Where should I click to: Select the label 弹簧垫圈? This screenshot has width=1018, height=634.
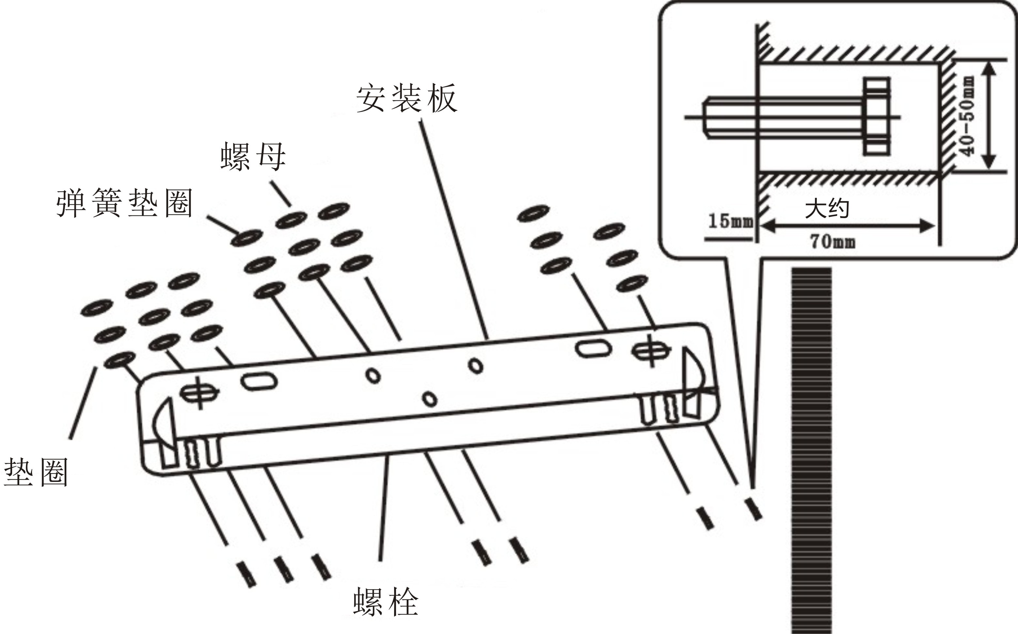(124, 203)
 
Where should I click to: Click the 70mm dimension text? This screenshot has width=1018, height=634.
(832, 242)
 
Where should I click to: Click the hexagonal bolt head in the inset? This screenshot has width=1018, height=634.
(876, 116)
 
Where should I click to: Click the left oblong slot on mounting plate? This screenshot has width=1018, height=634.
(259, 382)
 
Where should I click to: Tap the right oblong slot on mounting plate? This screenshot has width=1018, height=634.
(593, 348)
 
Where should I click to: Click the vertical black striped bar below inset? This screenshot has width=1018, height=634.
(811, 449)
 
